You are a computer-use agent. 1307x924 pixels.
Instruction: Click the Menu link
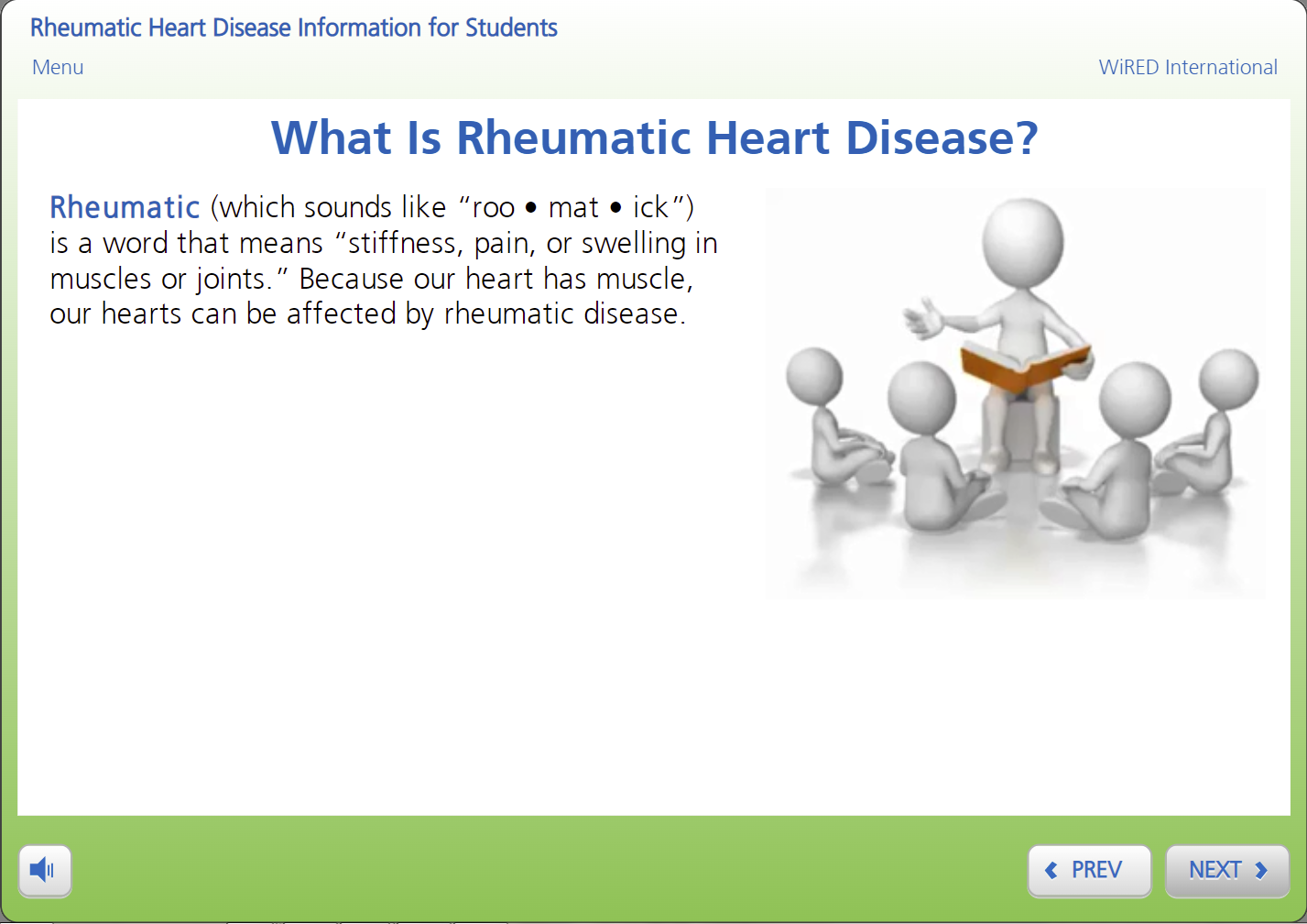(58, 67)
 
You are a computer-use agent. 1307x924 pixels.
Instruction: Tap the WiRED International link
(1188, 67)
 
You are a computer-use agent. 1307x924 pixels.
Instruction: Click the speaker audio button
(45, 870)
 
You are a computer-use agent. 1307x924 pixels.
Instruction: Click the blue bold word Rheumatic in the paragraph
(125, 207)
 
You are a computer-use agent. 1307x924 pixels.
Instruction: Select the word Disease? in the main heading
(942, 137)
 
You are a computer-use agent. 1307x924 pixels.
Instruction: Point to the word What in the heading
(332, 137)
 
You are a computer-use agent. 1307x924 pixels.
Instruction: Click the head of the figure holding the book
(1022, 242)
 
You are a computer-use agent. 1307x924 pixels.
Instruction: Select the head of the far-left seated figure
(814, 376)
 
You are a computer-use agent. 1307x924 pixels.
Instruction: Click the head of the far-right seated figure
(1228, 379)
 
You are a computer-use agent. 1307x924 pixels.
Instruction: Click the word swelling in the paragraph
(634, 244)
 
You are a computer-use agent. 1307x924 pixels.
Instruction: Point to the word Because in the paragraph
(351, 279)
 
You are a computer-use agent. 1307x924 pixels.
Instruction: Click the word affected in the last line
(340, 313)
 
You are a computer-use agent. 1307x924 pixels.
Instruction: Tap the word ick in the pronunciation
(650, 207)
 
